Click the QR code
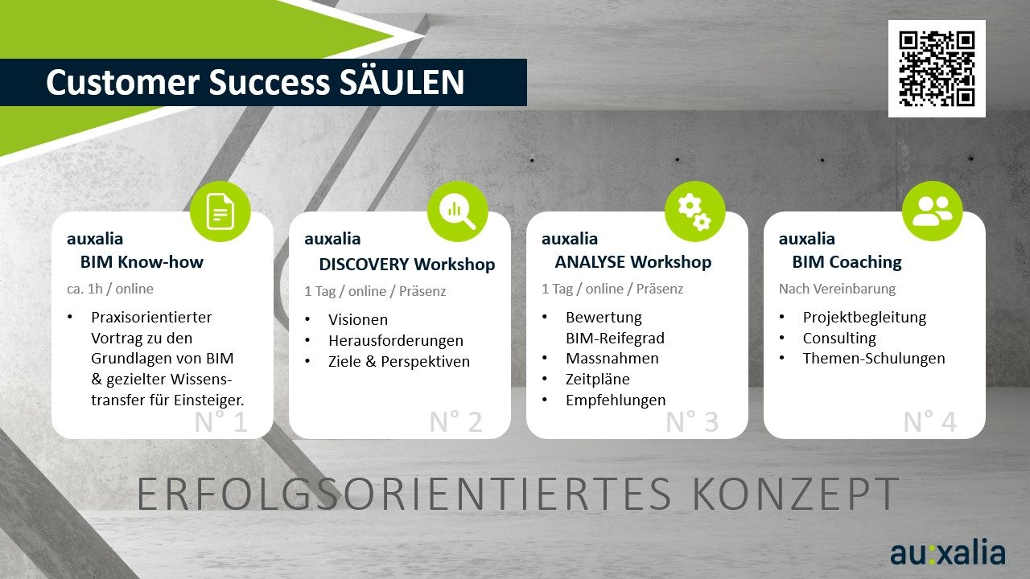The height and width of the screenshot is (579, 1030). point(937,68)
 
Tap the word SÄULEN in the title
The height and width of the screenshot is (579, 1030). point(402,82)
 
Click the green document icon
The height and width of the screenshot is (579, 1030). point(220,211)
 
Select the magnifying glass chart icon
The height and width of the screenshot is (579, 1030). point(458,211)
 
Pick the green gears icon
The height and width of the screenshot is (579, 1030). point(694,211)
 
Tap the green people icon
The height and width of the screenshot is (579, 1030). point(932,211)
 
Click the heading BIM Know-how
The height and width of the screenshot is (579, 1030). point(142,262)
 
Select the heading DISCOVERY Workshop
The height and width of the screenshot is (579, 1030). point(407,265)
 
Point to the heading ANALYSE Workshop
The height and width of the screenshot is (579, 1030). point(633,262)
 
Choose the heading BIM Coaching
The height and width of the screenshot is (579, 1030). point(847,262)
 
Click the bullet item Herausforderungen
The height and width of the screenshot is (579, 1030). point(396,340)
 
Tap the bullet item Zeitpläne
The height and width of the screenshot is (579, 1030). point(597,379)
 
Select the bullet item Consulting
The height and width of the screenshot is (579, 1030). point(839,339)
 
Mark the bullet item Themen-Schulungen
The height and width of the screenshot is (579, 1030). point(874,359)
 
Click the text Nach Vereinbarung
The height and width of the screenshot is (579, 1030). point(837,289)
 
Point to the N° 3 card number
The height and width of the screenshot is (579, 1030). point(692,421)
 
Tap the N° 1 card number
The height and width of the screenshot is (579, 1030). point(220,421)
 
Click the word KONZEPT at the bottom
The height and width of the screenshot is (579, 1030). point(796,494)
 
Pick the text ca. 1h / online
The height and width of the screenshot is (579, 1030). point(110,289)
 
